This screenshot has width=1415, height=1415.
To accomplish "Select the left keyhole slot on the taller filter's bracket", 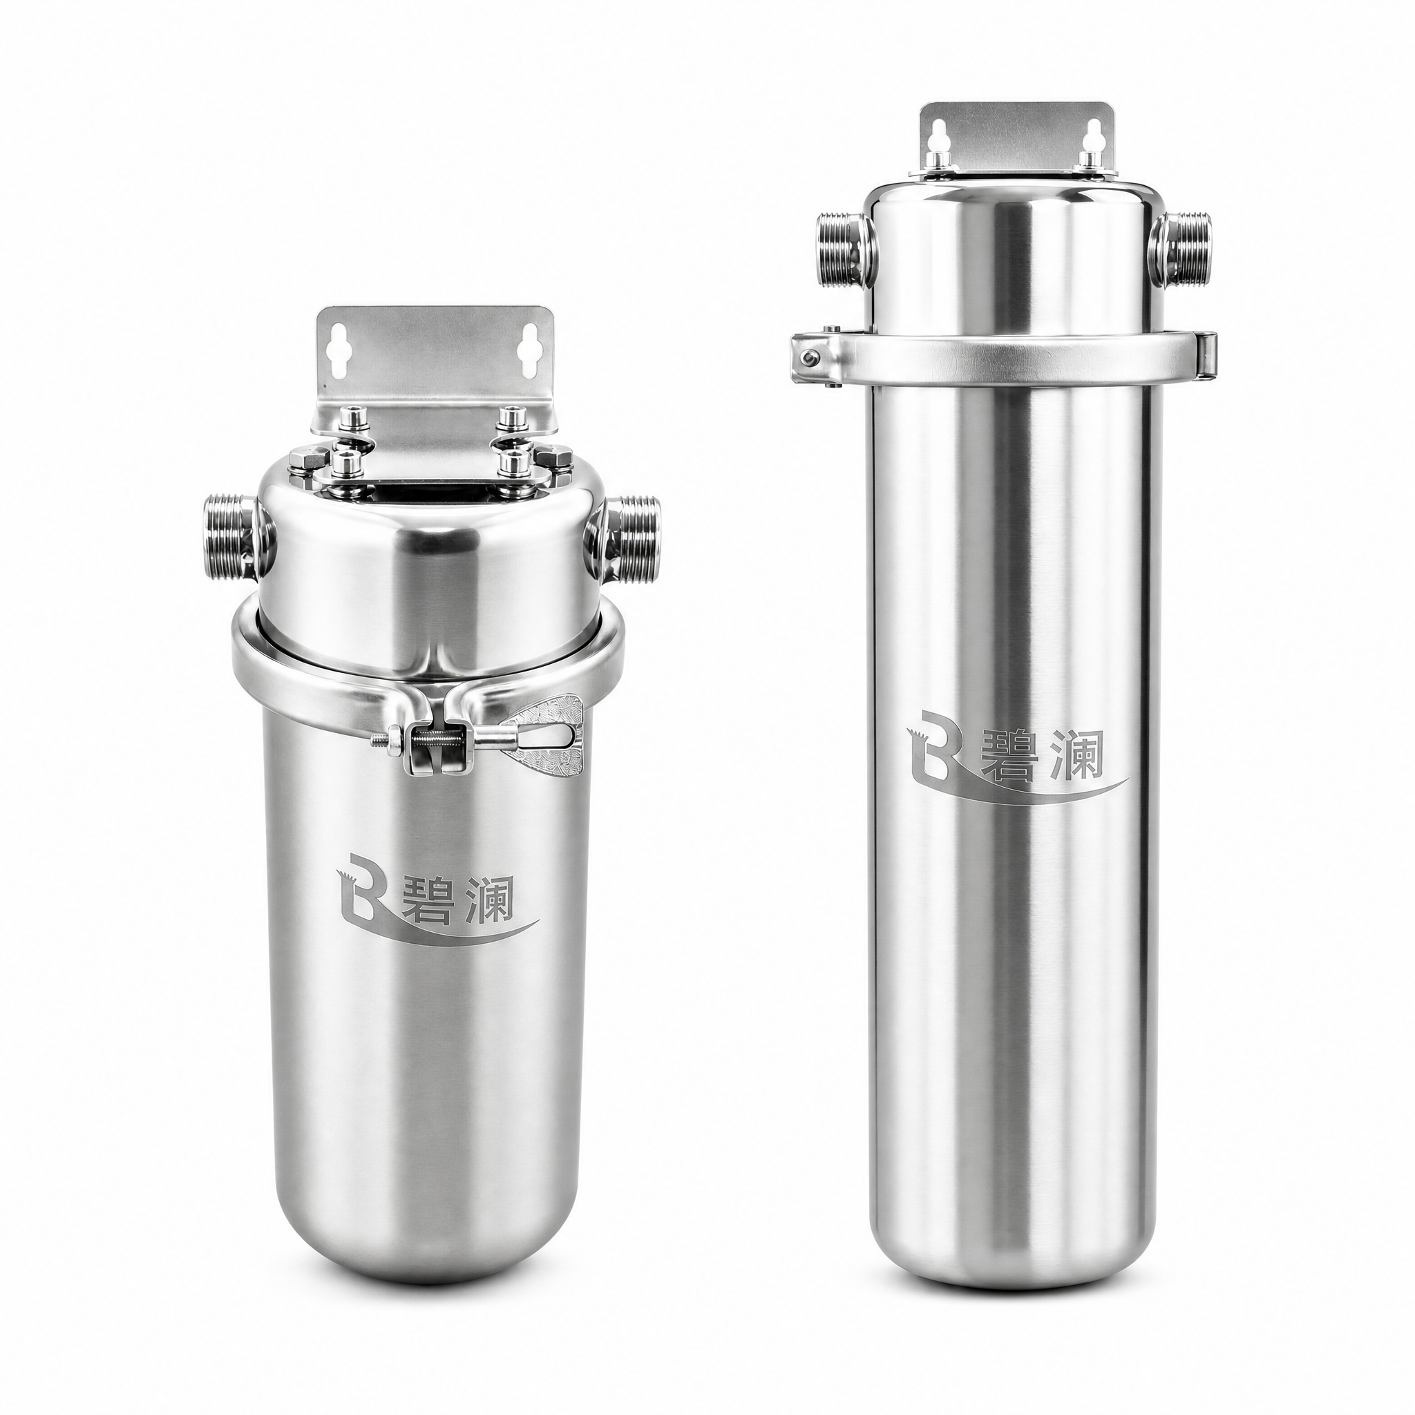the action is pyautogui.click(x=940, y=138).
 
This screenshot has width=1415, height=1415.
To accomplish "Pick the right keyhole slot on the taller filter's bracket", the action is pyautogui.click(x=1095, y=138).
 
